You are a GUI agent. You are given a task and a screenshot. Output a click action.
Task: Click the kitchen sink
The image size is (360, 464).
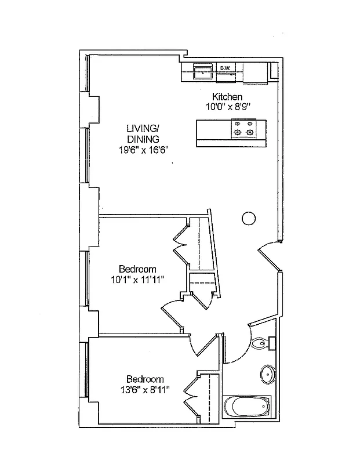click(x=201, y=72)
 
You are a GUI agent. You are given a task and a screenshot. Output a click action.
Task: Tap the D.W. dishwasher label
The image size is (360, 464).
click(x=226, y=68)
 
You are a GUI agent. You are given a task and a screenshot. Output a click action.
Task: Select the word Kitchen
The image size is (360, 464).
click(x=227, y=97)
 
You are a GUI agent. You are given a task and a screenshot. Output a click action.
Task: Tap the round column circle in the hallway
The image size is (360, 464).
click(x=248, y=218)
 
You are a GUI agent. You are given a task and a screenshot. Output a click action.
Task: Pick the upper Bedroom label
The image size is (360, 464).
click(x=137, y=269)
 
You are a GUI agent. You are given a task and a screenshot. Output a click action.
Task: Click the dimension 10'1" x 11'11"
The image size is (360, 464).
click(x=137, y=280)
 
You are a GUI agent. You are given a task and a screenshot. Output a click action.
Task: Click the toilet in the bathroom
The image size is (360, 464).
click(x=262, y=343)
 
